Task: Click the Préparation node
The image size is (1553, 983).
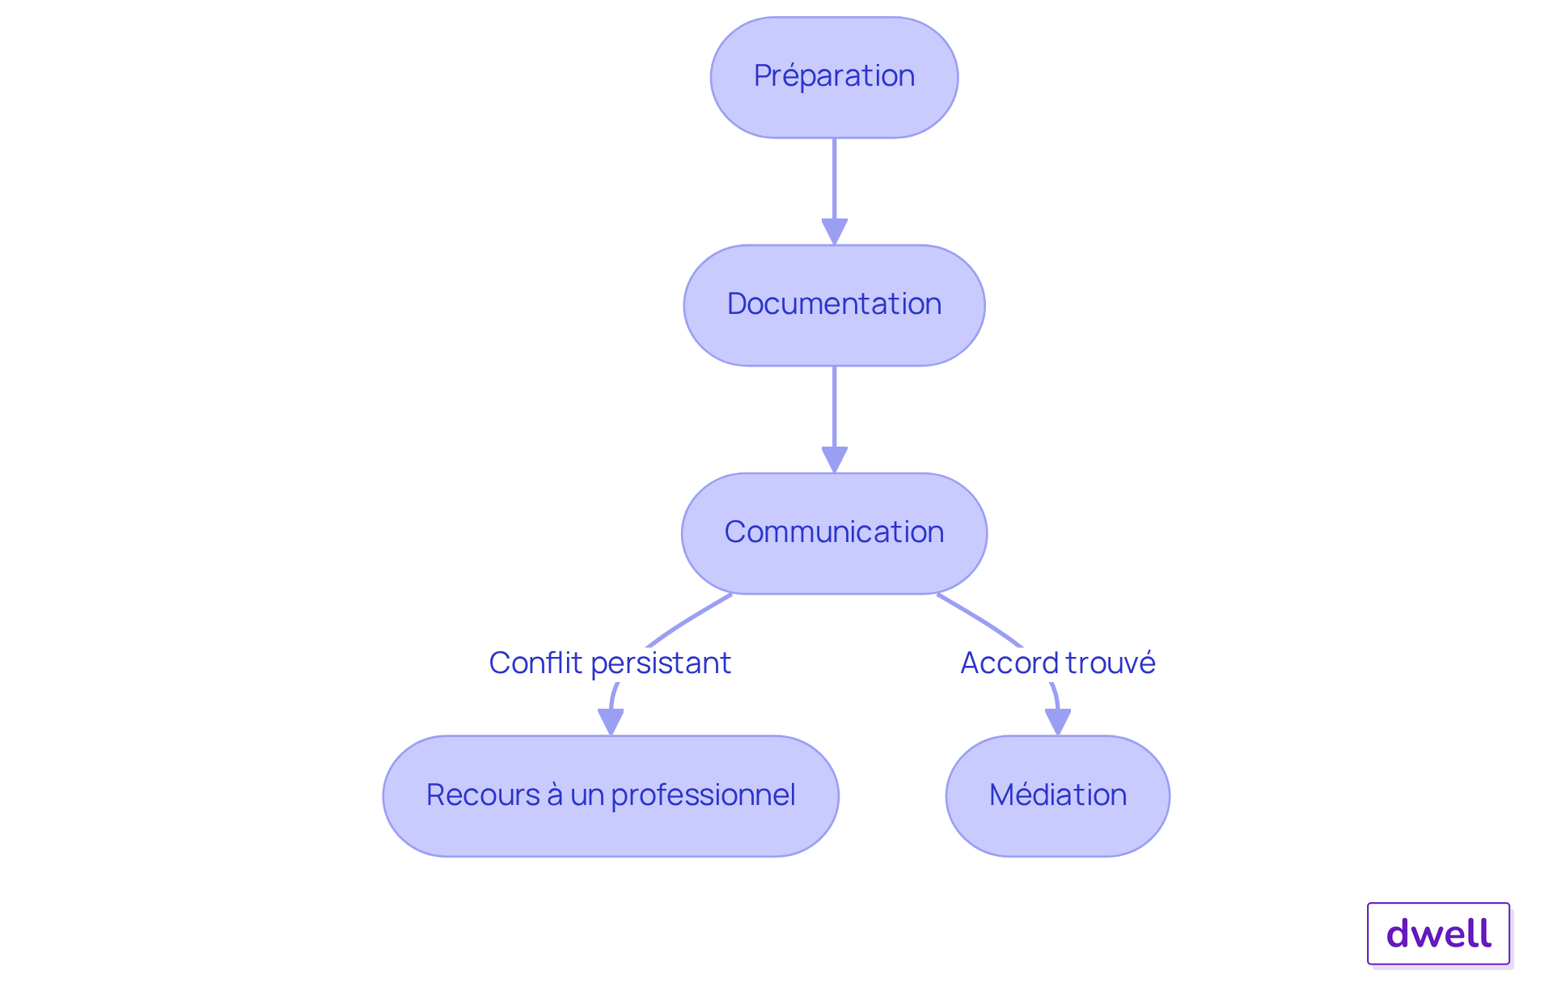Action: click(x=834, y=77)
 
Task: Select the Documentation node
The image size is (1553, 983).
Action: click(x=834, y=305)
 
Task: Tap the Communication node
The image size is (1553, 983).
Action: click(x=834, y=533)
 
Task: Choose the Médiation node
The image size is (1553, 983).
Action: click(x=1057, y=795)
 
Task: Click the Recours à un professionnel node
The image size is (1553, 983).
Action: click(x=611, y=795)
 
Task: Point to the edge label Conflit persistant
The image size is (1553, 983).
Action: click(x=610, y=663)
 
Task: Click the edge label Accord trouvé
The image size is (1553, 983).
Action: click(x=1057, y=663)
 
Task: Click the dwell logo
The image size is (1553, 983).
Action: click(x=1438, y=934)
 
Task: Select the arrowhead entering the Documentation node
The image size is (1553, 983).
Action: click(x=834, y=231)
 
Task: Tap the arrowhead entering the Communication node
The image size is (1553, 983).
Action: click(x=834, y=460)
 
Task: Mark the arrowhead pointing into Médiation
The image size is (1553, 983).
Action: click(x=1057, y=722)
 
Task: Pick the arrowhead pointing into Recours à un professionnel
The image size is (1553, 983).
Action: click(x=611, y=722)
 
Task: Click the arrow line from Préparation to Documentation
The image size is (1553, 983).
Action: click(x=834, y=178)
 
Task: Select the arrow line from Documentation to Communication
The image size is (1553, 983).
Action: click(x=834, y=406)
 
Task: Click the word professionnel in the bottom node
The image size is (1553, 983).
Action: click(x=703, y=796)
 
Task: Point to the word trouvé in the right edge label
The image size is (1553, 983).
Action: click(x=1110, y=663)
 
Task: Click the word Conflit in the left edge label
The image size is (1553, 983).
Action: click(x=535, y=663)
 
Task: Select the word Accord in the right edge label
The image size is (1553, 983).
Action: click(x=1008, y=663)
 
